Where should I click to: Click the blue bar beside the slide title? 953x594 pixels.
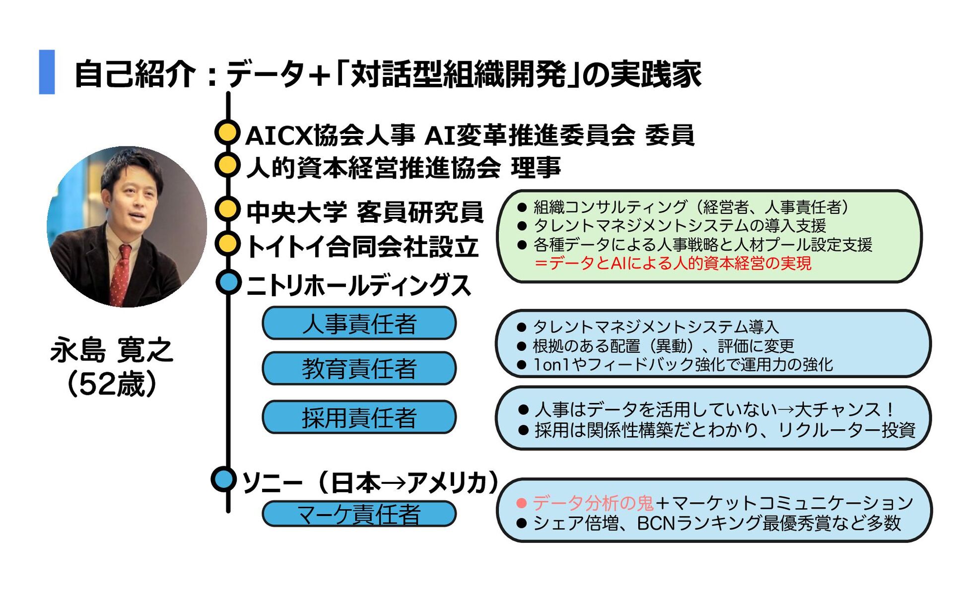coord(47,72)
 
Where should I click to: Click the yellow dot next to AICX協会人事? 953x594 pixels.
coord(227,132)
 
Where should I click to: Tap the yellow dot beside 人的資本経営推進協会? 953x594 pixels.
coord(227,165)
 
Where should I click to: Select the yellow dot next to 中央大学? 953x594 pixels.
coord(227,209)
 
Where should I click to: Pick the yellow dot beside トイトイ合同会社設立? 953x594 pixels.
coord(227,244)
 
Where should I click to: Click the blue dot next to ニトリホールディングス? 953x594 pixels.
coord(228,282)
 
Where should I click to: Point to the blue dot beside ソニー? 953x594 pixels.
coord(223,479)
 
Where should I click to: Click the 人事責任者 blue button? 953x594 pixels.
coord(359,324)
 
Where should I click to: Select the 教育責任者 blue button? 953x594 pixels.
coord(359,369)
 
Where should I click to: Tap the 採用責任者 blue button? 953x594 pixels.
coord(359,417)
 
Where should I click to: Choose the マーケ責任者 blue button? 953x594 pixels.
coord(359,514)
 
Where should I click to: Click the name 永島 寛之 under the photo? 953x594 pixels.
coord(112,350)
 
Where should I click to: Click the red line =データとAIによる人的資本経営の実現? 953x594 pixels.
coord(673,263)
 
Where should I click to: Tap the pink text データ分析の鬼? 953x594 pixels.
coord(593,503)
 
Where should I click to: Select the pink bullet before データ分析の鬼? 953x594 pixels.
coord(521,503)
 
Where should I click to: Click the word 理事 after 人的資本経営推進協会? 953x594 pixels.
coord(536,167)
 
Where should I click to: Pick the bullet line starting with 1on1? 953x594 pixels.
coord(682,365)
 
